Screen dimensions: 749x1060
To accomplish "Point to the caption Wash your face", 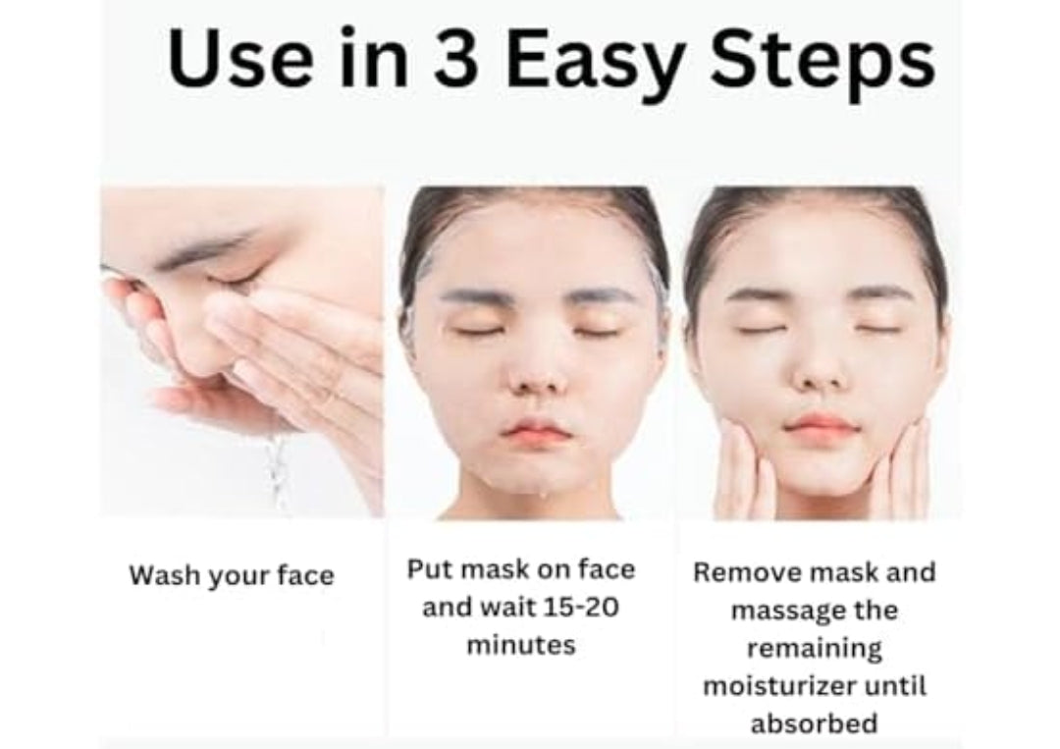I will pyautogui.click(x=232, y=576).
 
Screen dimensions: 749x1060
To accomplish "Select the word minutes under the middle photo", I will pyautogui.click(x=520, y=645).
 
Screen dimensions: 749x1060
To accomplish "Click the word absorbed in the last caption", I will pyautogui.click(x=814, y=724).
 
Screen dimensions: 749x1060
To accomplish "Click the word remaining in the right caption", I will pyautogui.click(x=814, y=648).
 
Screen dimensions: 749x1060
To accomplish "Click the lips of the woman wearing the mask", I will pyautogui.click(x=535, y=432).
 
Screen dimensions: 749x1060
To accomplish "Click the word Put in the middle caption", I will pyautogui.click(x=429, y=569).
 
